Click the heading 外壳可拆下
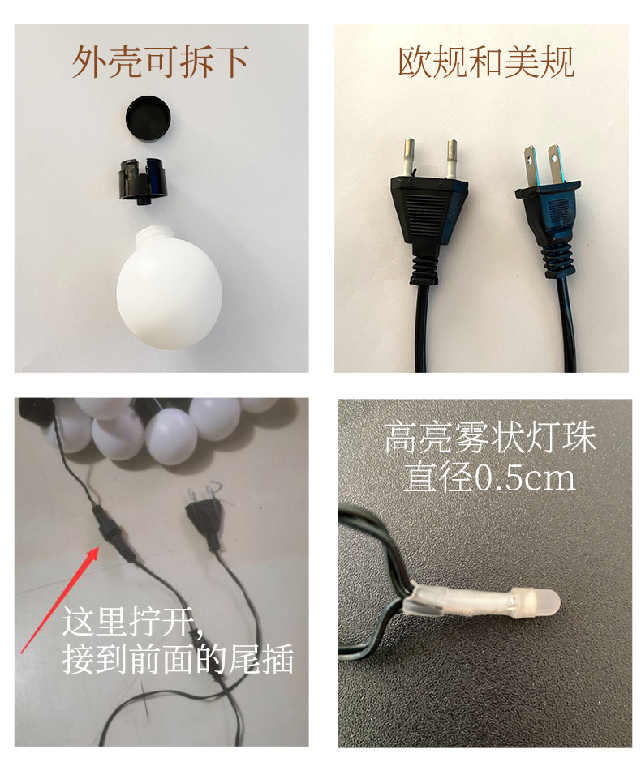point(160,62)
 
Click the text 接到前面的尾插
point(178,661)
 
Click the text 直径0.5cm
point(489,477)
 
